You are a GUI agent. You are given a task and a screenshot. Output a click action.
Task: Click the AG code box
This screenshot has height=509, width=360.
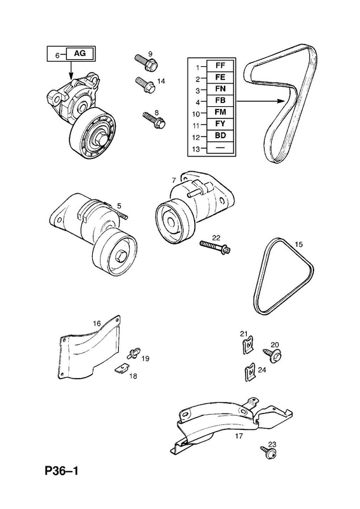tap(80, 53)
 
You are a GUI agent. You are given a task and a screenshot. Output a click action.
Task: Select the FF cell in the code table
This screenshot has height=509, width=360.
tap(220, 66)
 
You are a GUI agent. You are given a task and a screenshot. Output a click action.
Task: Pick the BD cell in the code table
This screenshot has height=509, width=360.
tap(220, 136)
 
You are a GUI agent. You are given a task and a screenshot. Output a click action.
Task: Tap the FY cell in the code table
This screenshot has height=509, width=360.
tap(220, 123)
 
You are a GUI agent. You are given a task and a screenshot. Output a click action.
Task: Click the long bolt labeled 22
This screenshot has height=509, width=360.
tap(215, 247)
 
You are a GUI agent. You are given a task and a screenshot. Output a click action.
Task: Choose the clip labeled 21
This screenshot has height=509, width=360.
tap(248, 345)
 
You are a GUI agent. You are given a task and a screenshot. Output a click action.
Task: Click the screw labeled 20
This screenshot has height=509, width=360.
tap(272, 355)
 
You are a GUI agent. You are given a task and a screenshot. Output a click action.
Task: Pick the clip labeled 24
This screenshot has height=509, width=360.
tap(249, 373)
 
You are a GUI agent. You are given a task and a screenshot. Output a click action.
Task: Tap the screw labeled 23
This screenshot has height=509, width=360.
tap(269, 452)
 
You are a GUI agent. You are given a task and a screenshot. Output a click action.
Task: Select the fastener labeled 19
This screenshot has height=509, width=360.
tap(135, 353)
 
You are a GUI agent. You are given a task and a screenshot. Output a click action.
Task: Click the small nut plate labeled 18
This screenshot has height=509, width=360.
tap(121, 368)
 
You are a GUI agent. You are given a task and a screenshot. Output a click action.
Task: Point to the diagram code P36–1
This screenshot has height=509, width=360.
tap(62, 471)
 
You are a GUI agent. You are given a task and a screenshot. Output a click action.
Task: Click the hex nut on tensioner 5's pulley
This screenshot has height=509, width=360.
tap(120, 256)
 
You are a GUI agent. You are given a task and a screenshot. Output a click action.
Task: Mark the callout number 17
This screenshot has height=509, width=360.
tap(239, 436)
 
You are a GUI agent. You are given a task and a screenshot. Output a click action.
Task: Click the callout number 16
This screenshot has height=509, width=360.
tap(97, 323)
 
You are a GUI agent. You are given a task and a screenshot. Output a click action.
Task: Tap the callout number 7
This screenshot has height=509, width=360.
tap(174, 180)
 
